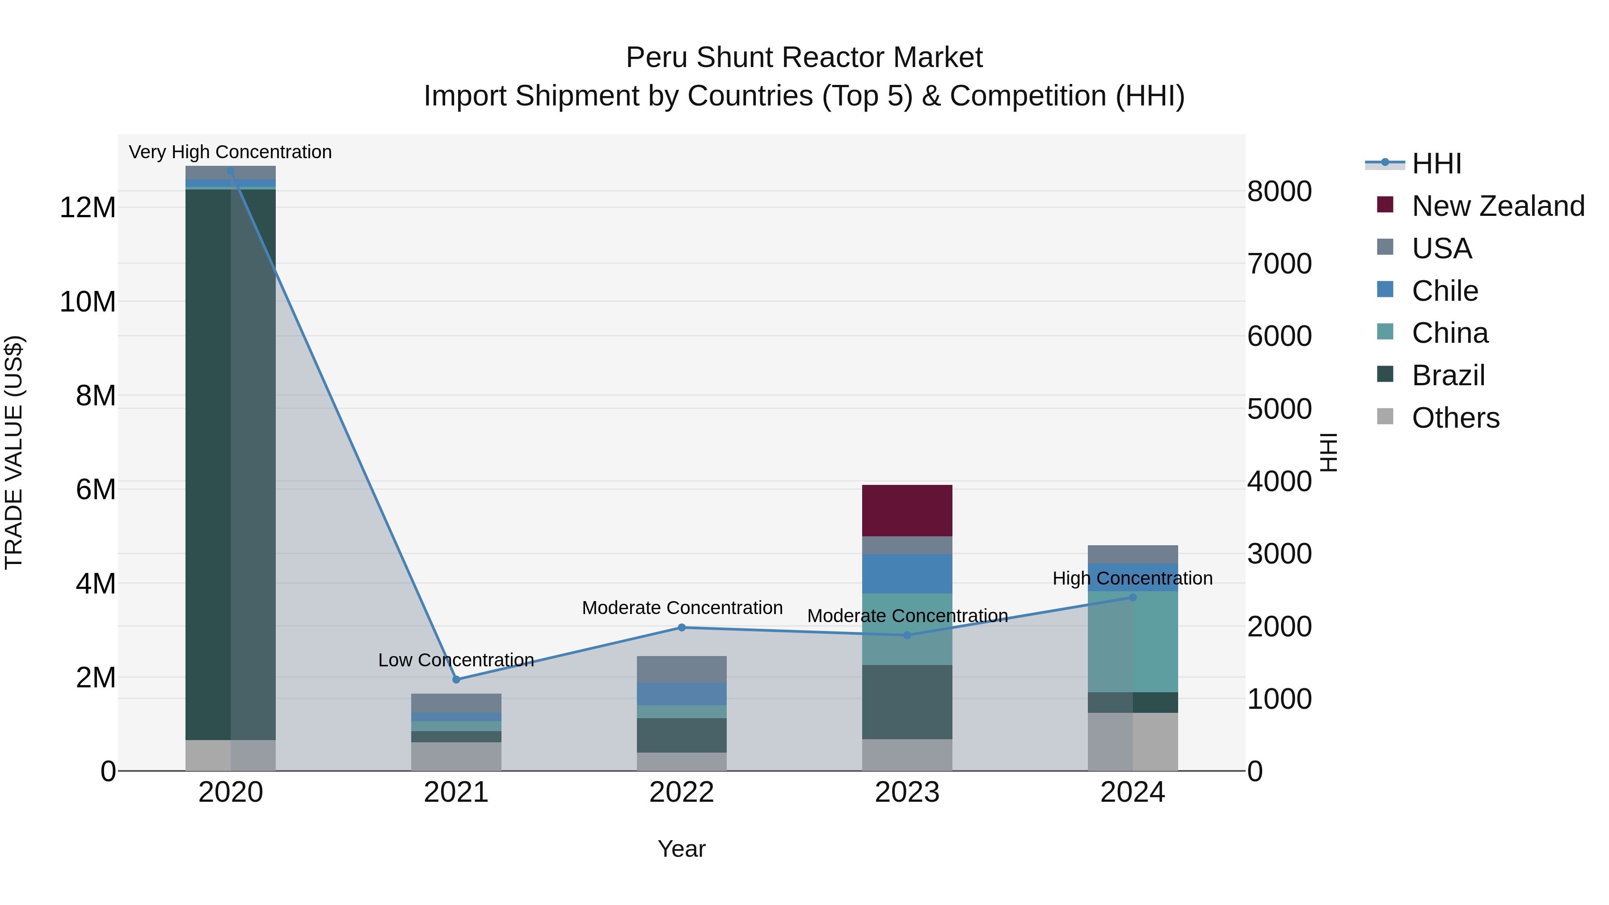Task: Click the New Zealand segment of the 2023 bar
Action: tap(907, 510)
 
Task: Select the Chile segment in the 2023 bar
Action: tap(907, 573)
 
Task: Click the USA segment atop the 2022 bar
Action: tap(682, 669)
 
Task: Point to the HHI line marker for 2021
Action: tap(456, 679)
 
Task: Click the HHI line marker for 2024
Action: tap(1133, 598)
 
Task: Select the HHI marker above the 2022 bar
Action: tap(682, 628)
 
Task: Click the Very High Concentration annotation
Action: tap(230, 152)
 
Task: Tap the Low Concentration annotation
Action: tap(456, 660)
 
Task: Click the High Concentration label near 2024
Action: tap(1133, 578)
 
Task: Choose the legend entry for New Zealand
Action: tap(1498, 206)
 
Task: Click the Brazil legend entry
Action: tap(1448, 375)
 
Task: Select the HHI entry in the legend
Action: tap(1436, 164)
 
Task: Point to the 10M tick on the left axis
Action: tap(88, 302)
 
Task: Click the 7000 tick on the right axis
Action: tap(1279, 264)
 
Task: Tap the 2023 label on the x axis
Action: tap(907, 792)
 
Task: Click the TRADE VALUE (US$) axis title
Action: tap(14, 452)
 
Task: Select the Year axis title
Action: tap(682, 849)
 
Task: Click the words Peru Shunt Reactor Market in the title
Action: tap(804, 58)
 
